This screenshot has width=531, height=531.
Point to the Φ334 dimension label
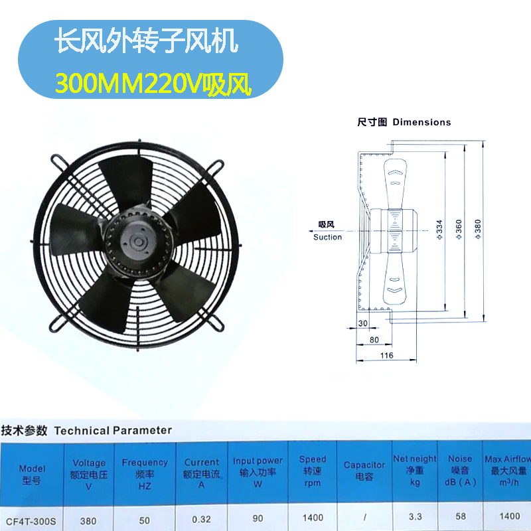(x=439, y=229)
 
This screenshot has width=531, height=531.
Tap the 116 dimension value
(x=387, y=356)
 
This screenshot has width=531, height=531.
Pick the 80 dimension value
(x=374, y=340)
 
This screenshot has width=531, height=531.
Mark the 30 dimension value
(x=362, y=323)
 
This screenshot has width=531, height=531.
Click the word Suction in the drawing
(x=327, y=237)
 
